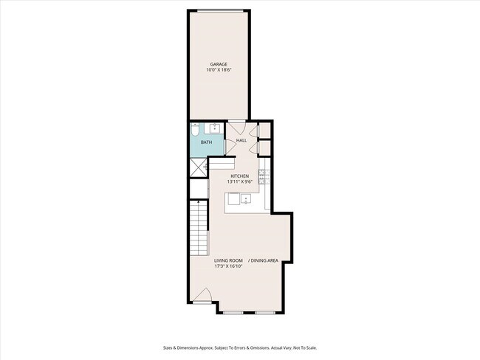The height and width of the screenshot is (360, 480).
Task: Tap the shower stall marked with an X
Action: click(198, 168)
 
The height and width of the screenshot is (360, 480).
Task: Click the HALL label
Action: click(241, 140)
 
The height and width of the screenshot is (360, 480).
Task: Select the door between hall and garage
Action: click(236, 125)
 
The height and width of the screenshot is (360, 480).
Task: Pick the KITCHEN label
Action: click(239, 176)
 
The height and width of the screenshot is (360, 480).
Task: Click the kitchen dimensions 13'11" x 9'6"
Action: click(239, 181)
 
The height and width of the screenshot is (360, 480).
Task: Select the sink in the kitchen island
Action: click(244, 198)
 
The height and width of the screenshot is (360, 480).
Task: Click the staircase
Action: click(199, 228)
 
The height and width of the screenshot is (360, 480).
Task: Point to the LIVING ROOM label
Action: click(229, 260)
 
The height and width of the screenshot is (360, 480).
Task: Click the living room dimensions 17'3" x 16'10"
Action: click(229, 266)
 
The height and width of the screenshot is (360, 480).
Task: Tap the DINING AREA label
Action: click(264, 260)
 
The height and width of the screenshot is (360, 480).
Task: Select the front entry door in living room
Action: click(204, 297)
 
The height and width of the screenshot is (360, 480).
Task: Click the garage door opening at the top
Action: click(218, 10)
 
